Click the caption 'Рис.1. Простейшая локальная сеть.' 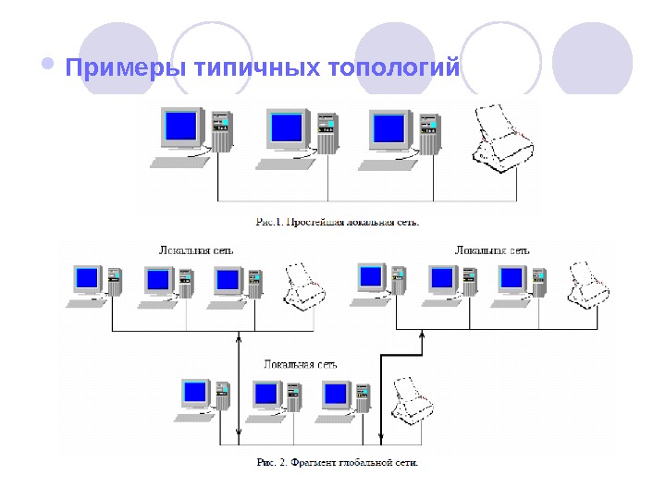[x=338, y=222]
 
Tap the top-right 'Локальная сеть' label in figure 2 [x=493, y=249]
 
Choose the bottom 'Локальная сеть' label [x=300, y=364]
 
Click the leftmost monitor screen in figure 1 [x=181, y=126]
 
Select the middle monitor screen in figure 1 [x=287, y=126]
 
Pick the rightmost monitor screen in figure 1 [x=389, y=126]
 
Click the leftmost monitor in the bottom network [x=195, y=394]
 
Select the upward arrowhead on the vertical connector [x=239, y=343]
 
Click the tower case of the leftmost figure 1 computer [x=220, y=131]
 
